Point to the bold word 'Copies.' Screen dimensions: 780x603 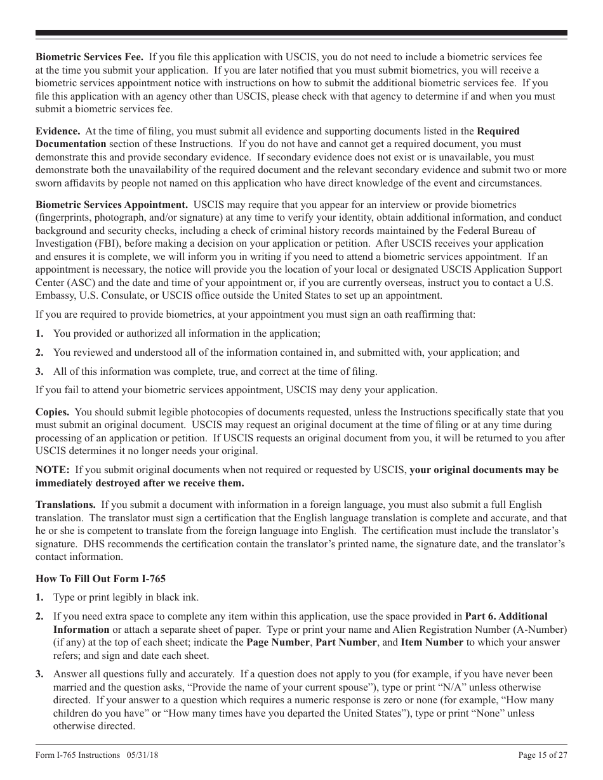point(52,412)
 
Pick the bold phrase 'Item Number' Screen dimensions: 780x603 point(432,642)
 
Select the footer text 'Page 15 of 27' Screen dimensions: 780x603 point(543,755)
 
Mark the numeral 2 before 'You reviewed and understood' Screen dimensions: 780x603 point(39,353)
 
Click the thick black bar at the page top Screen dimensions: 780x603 point(301,33)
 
